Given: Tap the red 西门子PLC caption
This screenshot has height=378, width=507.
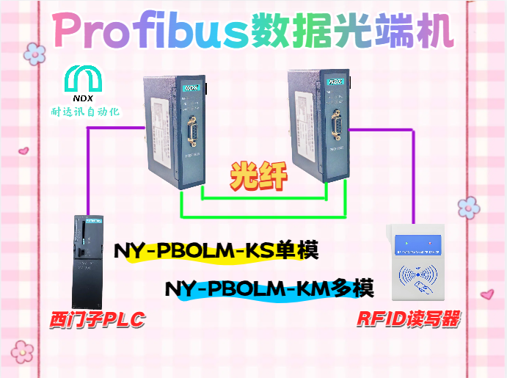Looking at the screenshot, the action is (x=96, y=321).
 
